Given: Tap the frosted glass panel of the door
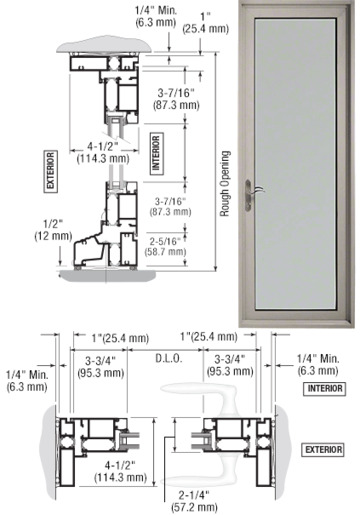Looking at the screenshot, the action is point(295,163).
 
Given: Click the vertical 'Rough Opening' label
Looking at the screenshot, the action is point(226,184).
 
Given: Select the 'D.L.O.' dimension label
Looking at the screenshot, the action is point(169,359).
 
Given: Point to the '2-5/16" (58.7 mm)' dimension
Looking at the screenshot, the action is point(165,246).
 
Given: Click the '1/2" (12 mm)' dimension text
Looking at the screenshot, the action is point(53,230).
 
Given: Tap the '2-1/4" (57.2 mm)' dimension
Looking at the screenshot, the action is point(194,501).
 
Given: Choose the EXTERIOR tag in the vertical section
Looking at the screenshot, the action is point(50,171).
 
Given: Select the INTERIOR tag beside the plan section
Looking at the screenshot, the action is point(324,388).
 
